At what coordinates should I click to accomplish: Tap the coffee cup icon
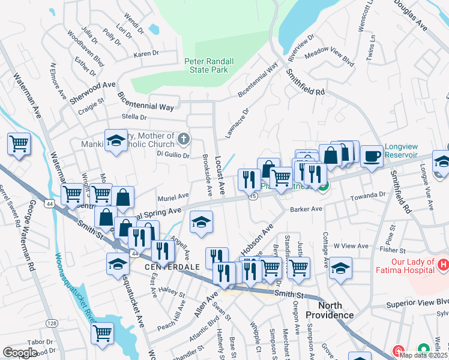pyautogui.click(x=372, y=156)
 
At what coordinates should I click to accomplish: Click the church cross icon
pyautogui.click(x=184, y=140)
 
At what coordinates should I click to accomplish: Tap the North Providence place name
pyautogui.click(x=330, y=310)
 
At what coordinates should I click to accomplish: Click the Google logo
pyautogui.click(x=20, y=352)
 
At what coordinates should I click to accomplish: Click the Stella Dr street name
pyautogui.click(x=134, y=116)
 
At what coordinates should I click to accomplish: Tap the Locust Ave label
pyautogui.click(x=219, y=175)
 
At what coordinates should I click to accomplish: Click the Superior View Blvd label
pyautogui.click(x=421, y=302)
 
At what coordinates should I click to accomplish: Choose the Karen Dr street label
pyautogui.click(x=145, y=54)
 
